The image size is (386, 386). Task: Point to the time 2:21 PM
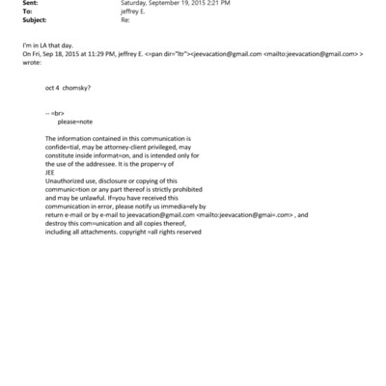pyautogui.click(x=202, y=3)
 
